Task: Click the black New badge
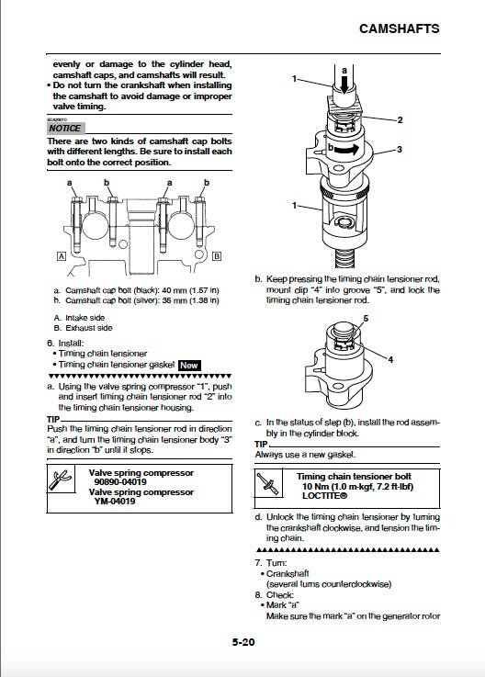pyautogui.click(x=189, y=364)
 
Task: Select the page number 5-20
pyautogui.click(x=243, y=644)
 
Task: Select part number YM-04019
pyautogui.click(x=116, y=502)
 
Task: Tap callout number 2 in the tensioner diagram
pyautogui.click(x=400, y=119)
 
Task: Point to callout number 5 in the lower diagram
pyautogui.click(x=364, y=318)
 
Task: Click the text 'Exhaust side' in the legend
pyautogui.click(x=90, y=327)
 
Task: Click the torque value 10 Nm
pyautogui.click(x=318, y=487)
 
